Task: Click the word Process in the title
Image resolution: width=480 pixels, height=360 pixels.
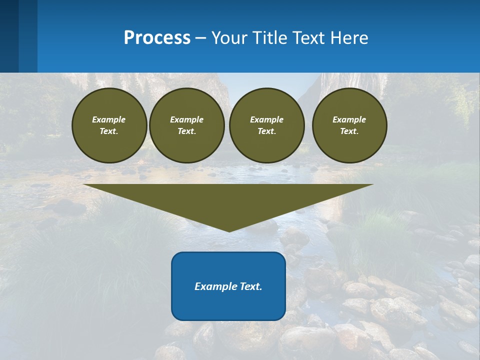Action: click(157, 38)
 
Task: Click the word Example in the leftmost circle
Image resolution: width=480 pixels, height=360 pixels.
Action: click(109, 119)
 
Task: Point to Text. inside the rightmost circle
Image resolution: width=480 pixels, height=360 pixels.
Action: click(349, 131)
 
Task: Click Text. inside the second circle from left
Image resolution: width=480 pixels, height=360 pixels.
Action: click(186, 131)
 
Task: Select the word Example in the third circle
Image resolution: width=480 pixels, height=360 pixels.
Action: click(266, 119)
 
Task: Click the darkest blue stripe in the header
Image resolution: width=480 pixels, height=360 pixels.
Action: click(9, 36)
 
